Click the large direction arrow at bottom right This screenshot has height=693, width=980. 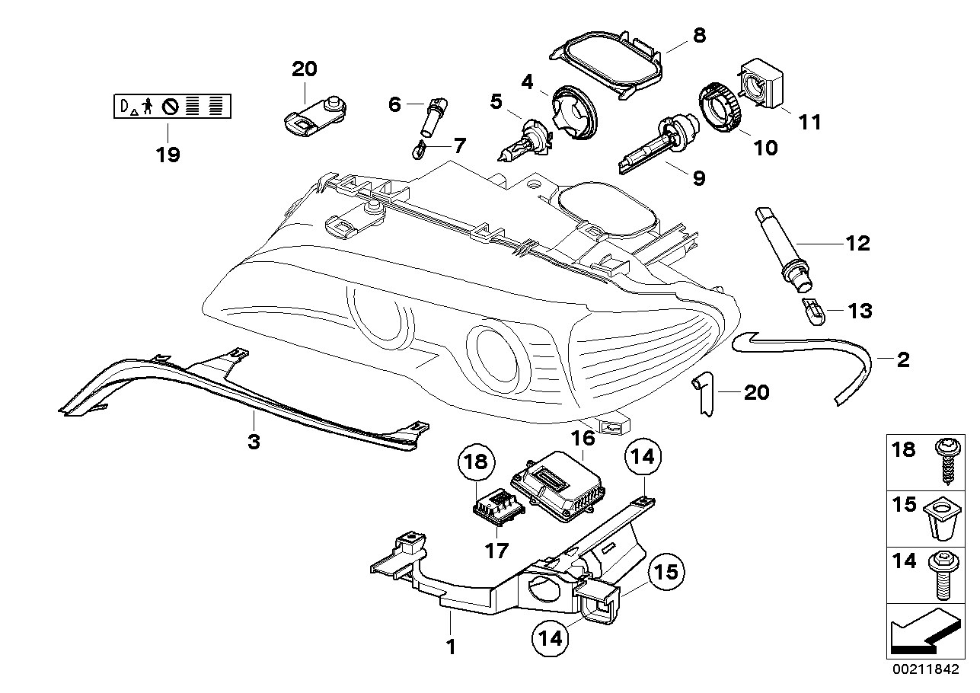click(x=922, y=631)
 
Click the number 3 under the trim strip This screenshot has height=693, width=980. click(x=254, y=441)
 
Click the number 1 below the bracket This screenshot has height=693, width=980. click(x=450, y=647)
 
